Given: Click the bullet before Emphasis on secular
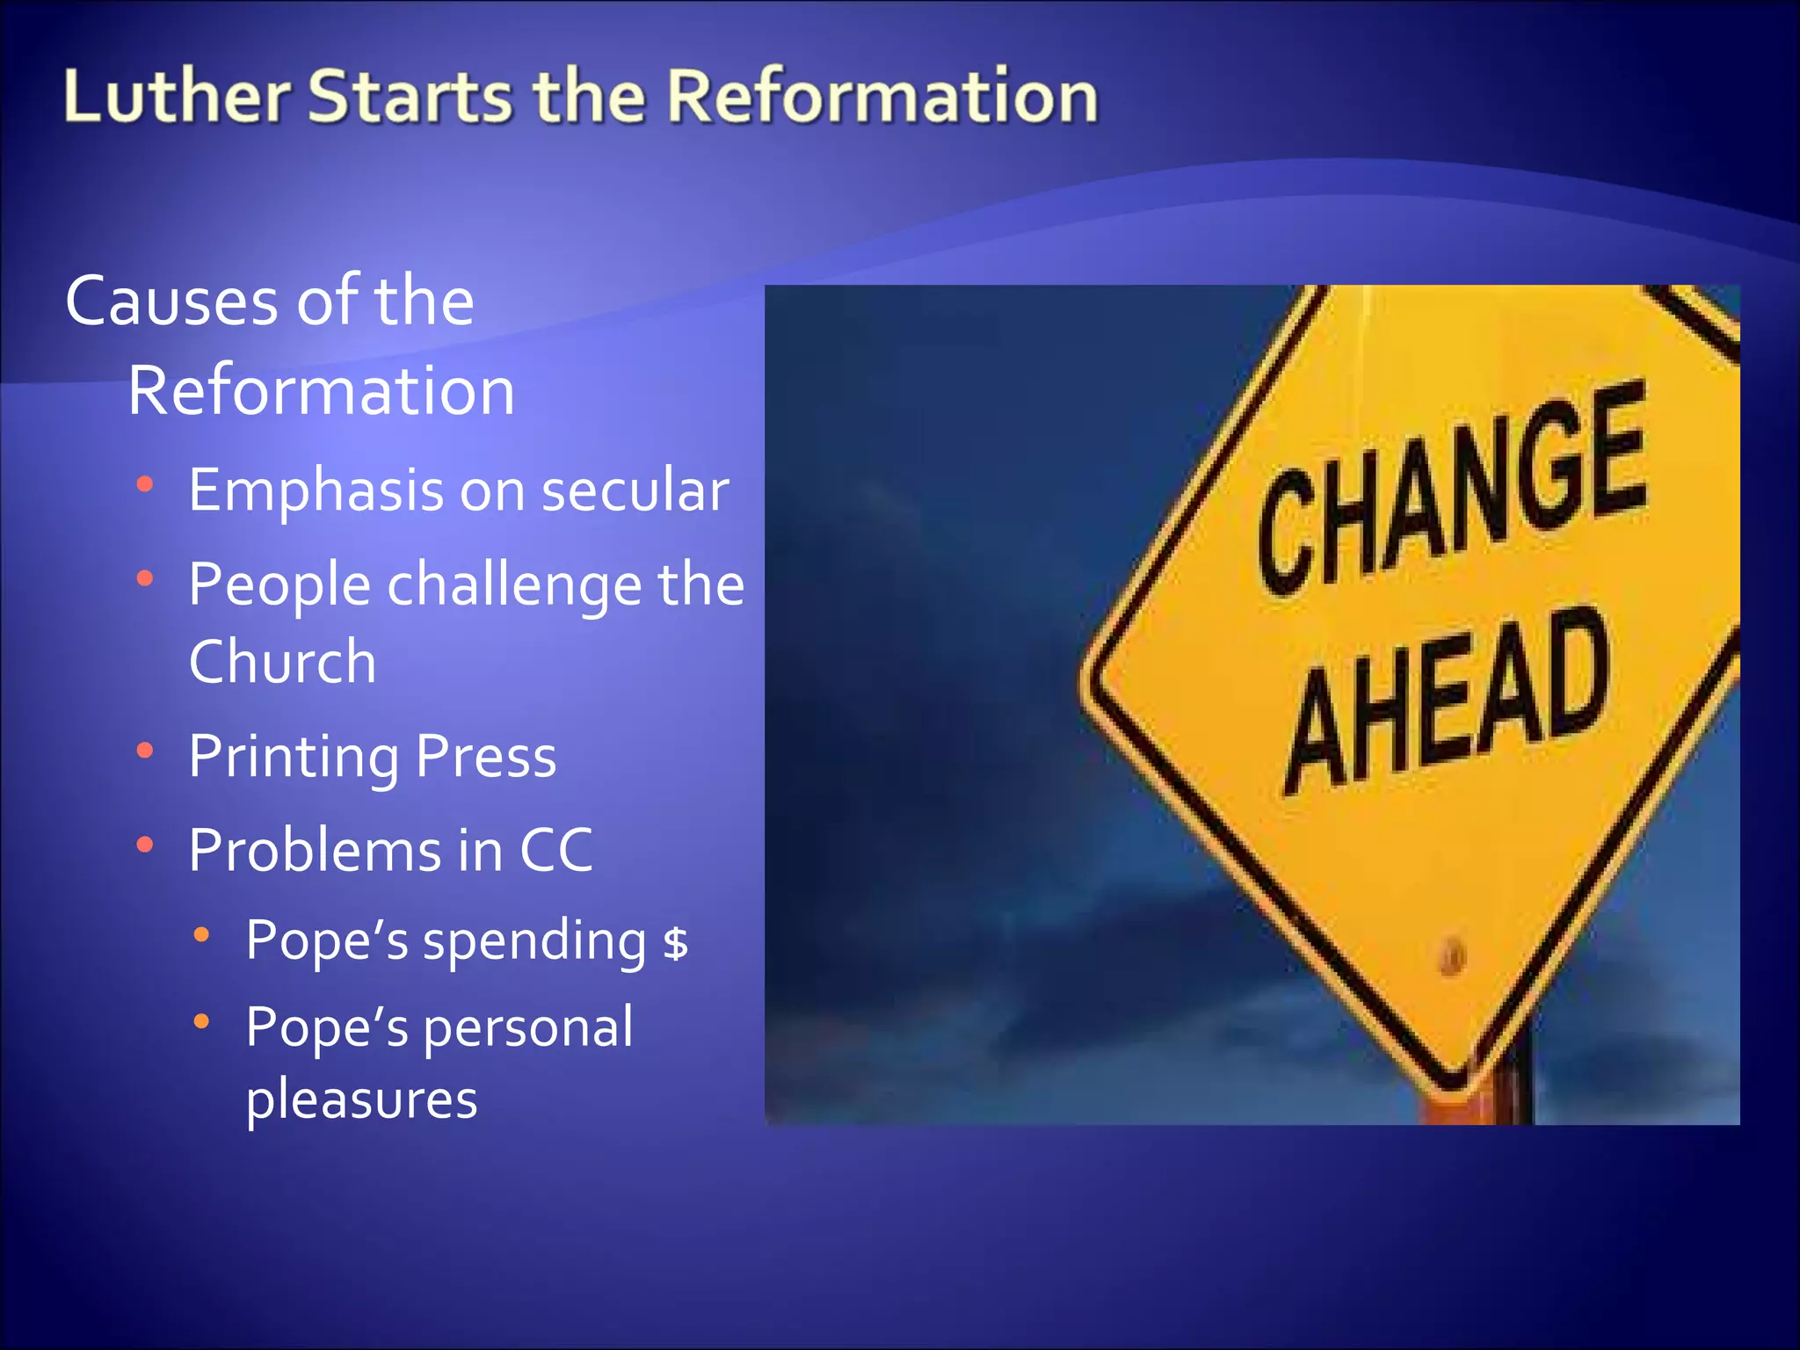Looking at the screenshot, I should (146, 484).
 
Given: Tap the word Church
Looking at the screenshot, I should (282, 662).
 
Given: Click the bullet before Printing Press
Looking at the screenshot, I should (146, 751).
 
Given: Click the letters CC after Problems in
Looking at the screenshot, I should (555, 851).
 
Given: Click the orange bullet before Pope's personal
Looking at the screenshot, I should (202, 1021).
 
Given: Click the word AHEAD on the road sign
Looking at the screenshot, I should (1446, 699).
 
